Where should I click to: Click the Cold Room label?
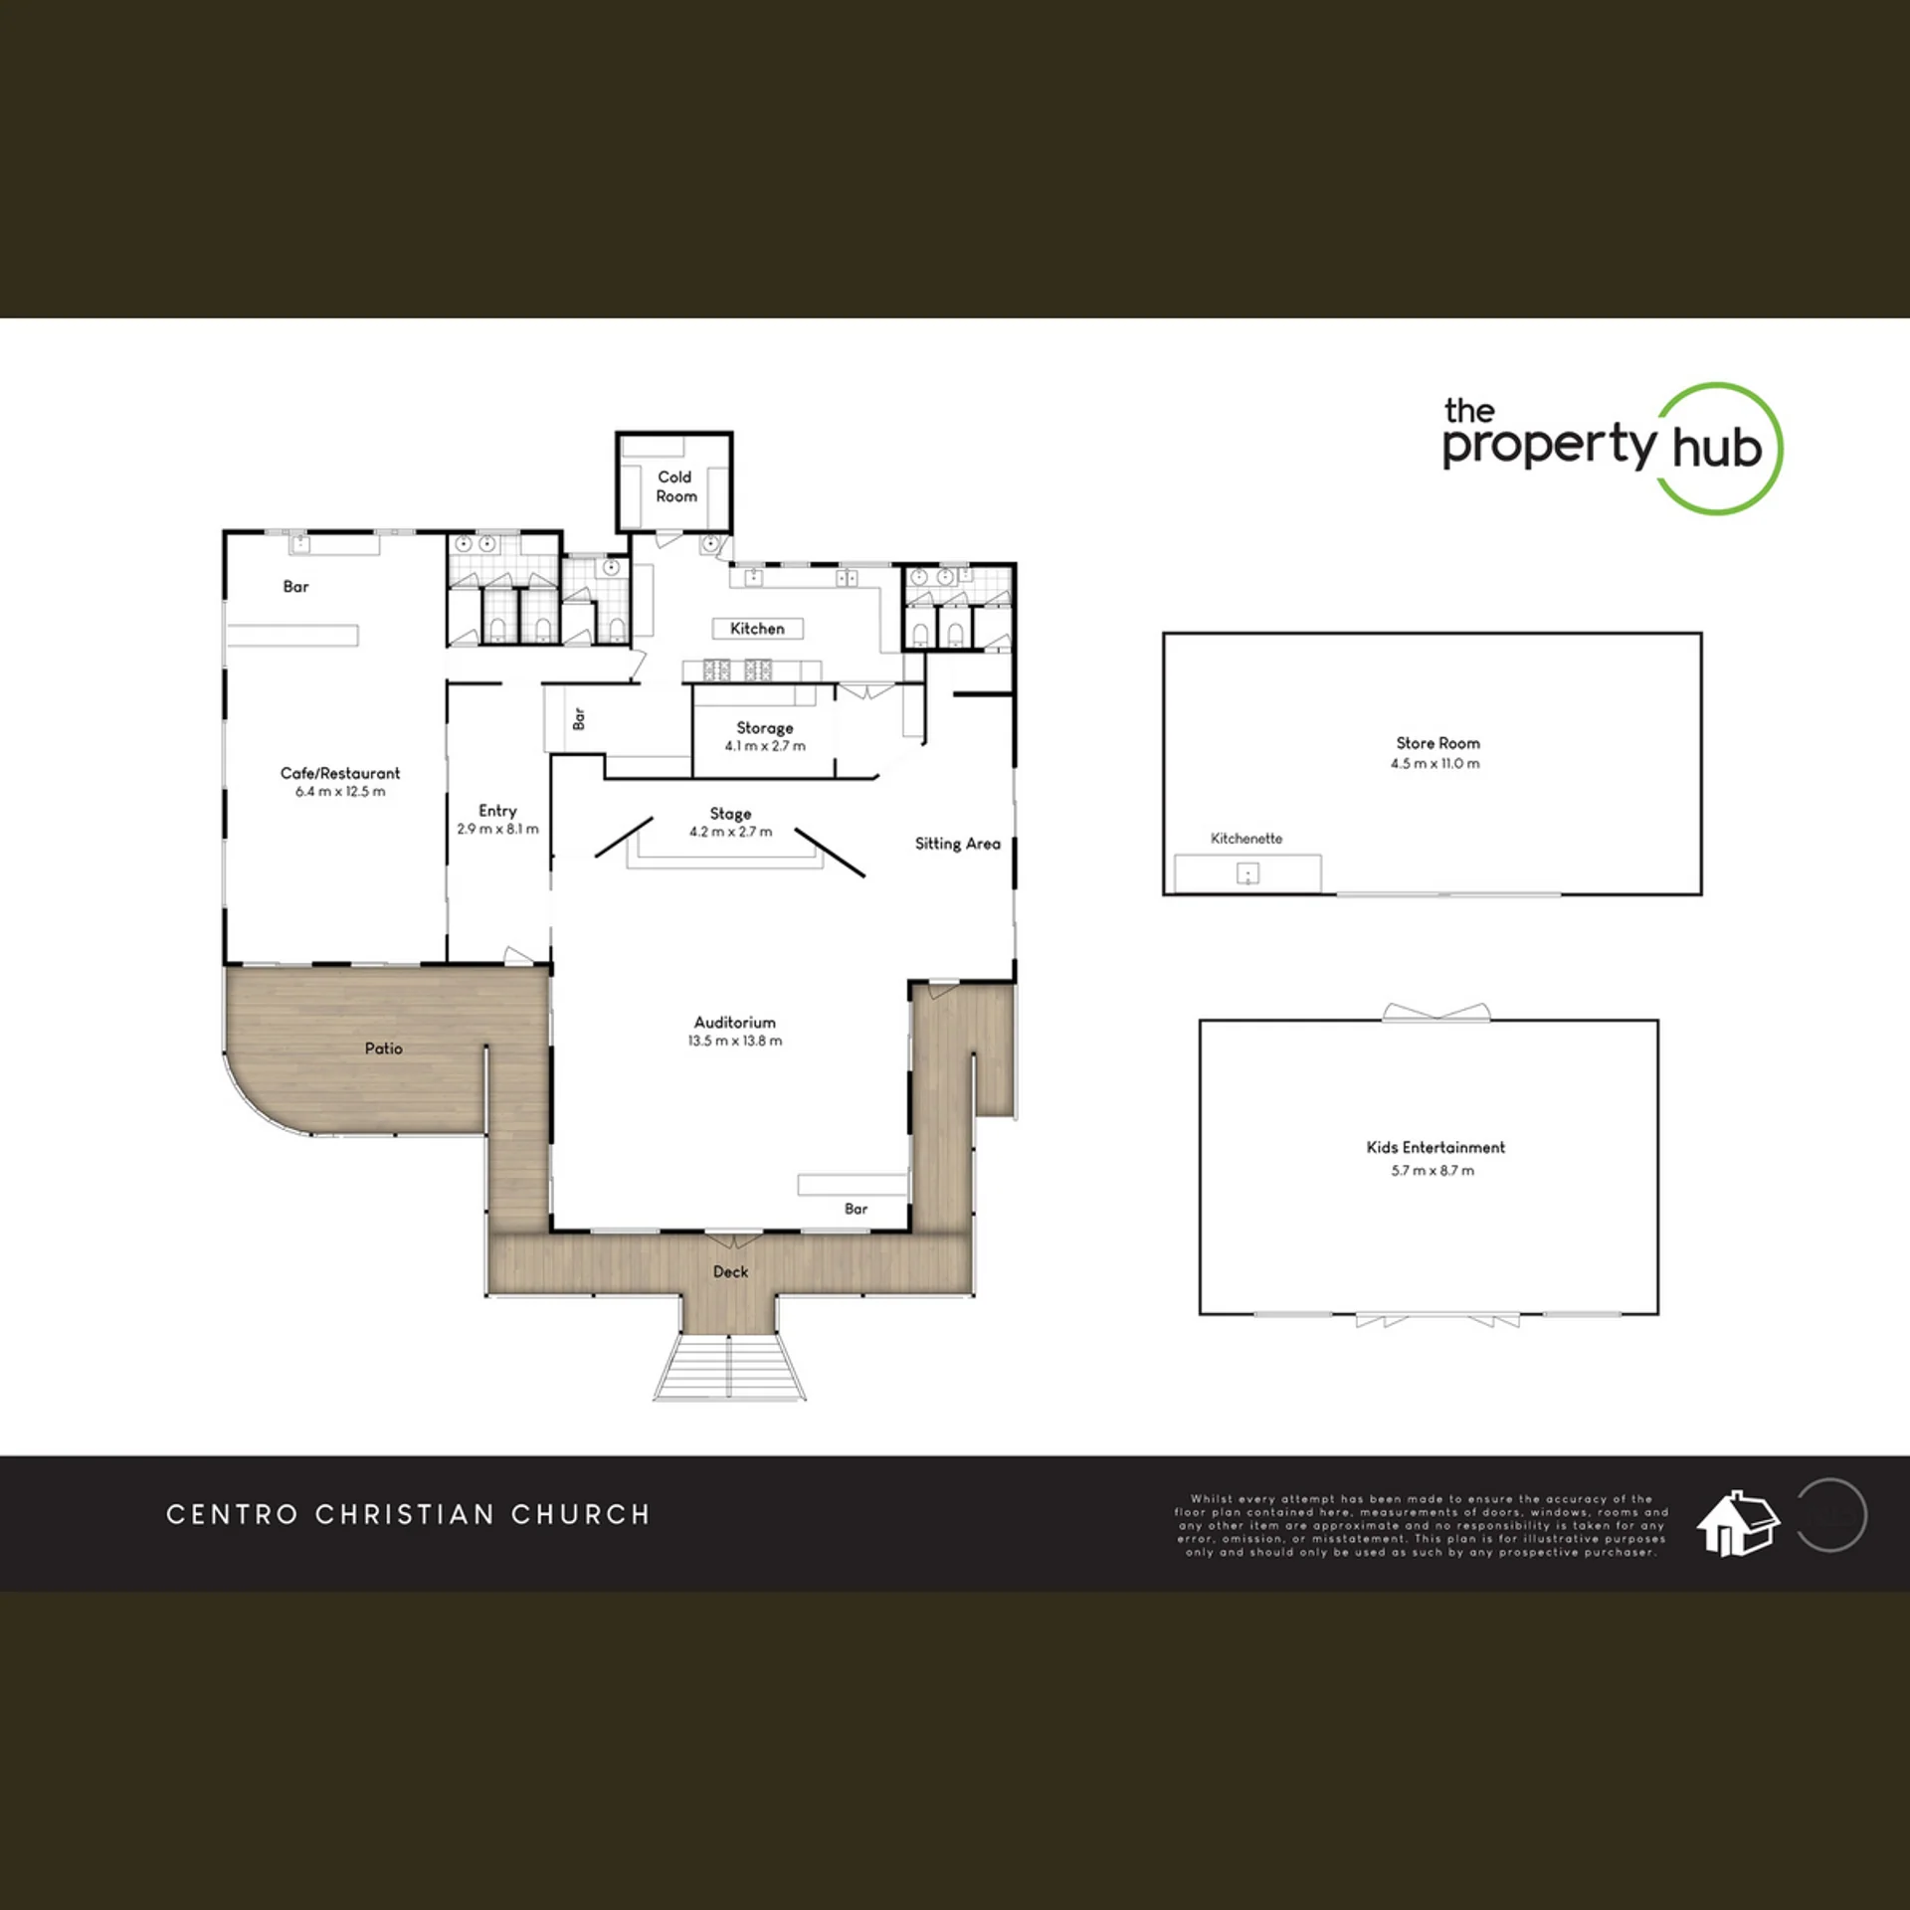[675, 486]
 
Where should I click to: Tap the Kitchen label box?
[758, 629]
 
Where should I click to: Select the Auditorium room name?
[735, 1022]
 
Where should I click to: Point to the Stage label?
[730, 814]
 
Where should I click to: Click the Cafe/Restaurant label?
[340, 773]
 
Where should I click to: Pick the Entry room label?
[497, 811]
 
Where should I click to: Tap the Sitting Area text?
[958, 844]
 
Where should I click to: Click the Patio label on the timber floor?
[384, 1049]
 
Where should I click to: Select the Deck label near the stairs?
[730, 1271]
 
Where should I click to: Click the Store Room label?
[1437, 743]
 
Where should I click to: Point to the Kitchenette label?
[1246, 839]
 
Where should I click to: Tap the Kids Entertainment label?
[1435, 1147]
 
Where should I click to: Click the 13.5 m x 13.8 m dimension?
[735, 1041]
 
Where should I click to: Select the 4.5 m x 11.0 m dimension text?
[1435, 764]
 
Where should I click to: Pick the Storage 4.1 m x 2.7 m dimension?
[765, 746]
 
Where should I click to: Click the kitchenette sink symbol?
[1247, 873]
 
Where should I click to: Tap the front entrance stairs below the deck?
[729, 1367]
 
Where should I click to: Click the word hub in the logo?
[1717, 448]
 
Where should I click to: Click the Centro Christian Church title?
[408, 1514]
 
